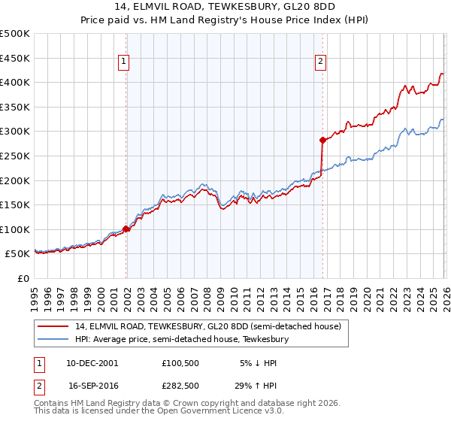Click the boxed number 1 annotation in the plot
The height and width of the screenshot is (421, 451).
[x=124, y=62]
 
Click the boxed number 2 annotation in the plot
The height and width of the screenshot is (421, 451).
[x=320, y=62]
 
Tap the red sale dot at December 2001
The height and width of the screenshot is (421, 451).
[x=126, y=229]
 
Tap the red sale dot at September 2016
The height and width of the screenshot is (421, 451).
[x=322, y=140]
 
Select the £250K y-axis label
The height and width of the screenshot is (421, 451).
[x=15, y=156]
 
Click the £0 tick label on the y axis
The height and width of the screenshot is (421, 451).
[x=23, y=279]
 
